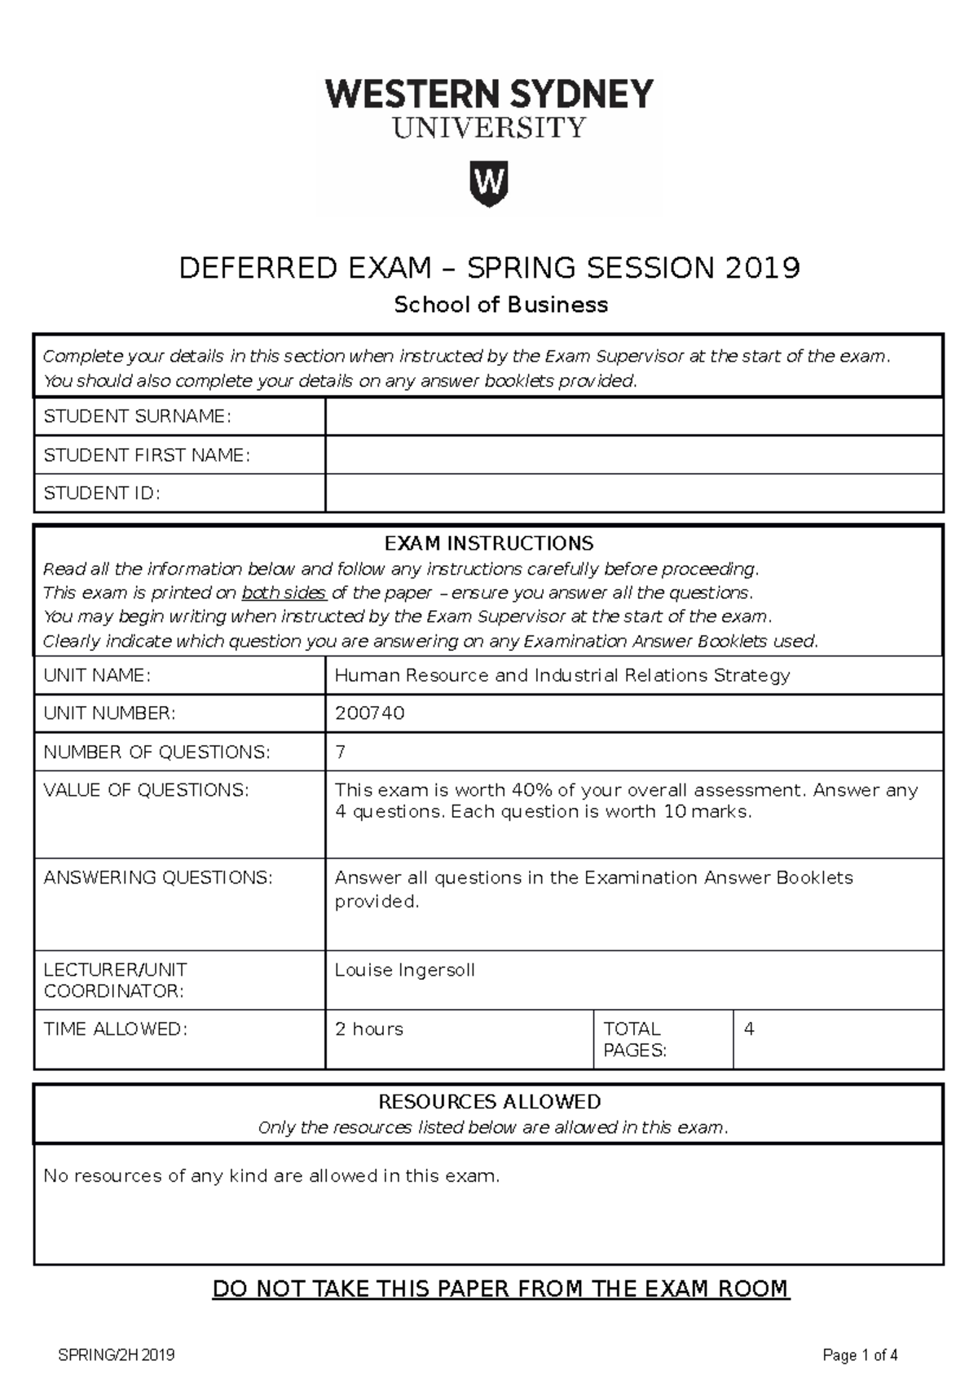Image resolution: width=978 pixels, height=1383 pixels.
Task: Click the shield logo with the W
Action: click(489, 183)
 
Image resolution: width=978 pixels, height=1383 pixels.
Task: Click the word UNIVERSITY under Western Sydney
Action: click(489, 129)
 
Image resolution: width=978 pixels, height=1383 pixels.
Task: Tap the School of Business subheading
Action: click(500, 305)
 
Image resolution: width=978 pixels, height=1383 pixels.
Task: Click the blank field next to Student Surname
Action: click(633, 416)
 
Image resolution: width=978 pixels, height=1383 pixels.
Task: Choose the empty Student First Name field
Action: click(633, 454)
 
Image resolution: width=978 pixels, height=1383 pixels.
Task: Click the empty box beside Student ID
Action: click(633, 493)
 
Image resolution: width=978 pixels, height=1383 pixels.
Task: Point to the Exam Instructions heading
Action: click(489, 543)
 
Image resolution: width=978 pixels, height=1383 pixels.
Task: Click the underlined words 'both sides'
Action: click(284, 593)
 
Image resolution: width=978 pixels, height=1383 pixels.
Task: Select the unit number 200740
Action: click(370, 713)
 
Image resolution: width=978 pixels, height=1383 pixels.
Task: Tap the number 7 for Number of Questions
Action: click(341, 752)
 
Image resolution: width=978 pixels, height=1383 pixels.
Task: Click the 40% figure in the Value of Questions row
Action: click(531, 790)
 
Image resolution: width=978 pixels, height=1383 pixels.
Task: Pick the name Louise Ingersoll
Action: click(404, 970)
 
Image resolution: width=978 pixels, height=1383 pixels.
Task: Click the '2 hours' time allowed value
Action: click(369, 1030)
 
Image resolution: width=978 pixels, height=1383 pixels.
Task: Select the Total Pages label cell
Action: click(662, 1039)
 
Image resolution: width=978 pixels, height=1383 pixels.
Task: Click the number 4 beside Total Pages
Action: click(749, 1030)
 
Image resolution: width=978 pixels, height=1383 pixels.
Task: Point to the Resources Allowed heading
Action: click(489, 1102)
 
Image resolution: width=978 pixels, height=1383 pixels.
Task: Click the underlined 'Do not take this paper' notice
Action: click(500, 1289)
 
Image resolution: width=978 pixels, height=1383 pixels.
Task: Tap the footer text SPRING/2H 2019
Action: click(117, 1355)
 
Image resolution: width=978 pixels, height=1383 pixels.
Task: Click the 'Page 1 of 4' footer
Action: click(860, 1355)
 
